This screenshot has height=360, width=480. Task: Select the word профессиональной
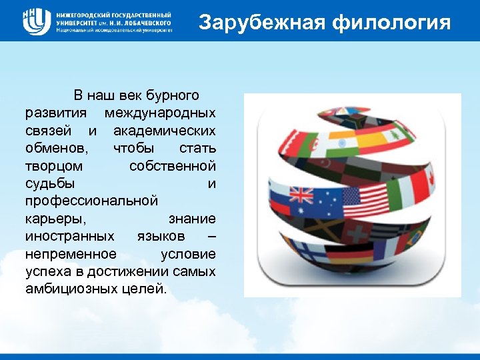[92, 200]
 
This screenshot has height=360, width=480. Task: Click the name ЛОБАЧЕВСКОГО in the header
[139, 22]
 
